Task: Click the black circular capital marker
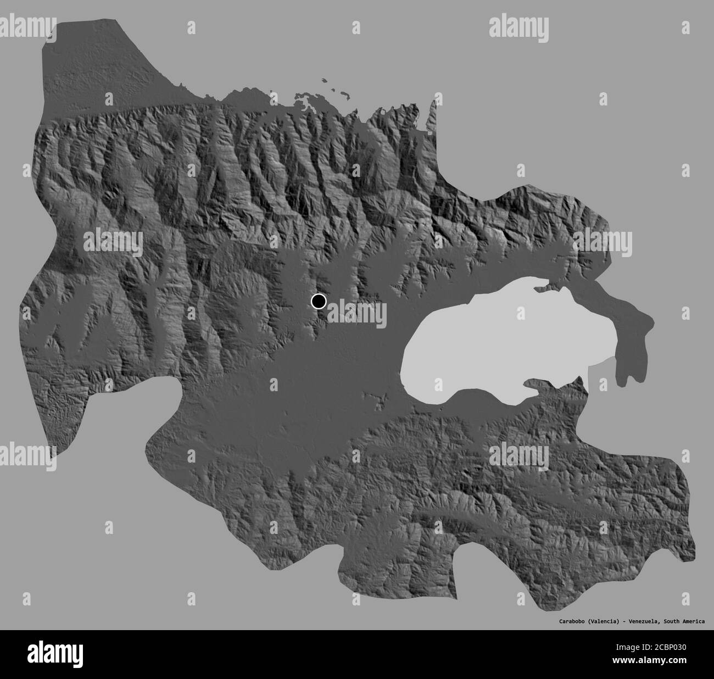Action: click(x=319, y=301)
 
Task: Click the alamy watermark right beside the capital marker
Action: click(x=358, y=313)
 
